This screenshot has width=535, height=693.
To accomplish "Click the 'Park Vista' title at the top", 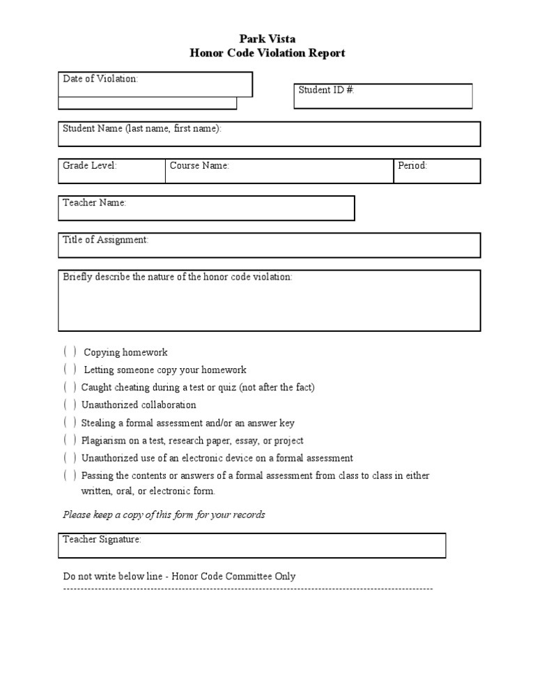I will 267,40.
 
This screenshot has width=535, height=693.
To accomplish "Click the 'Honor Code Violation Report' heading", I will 267,53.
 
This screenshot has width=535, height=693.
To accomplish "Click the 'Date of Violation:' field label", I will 101,79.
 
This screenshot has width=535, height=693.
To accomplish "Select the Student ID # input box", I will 382,96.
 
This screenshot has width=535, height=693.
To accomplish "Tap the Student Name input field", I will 269,134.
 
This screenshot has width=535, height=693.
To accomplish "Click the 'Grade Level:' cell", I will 111,171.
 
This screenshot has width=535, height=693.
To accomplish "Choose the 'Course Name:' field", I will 279,171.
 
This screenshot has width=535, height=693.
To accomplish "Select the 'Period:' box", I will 437,171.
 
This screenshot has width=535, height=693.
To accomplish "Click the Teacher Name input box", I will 206,208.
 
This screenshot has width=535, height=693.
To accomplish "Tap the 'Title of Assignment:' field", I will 269,245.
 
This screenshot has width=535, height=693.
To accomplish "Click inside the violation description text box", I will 269,303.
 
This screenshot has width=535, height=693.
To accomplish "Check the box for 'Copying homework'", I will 70,352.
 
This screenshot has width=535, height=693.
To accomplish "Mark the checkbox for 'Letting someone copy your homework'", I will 70,370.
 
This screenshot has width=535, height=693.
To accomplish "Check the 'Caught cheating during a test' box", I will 70,387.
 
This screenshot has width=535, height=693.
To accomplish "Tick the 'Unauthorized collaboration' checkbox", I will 70,404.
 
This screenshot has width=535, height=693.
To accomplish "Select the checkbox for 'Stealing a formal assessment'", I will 70,422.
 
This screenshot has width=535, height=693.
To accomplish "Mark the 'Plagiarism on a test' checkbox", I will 70,440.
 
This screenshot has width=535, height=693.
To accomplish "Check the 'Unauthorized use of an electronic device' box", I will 70,458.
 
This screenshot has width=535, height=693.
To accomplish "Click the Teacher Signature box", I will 251,545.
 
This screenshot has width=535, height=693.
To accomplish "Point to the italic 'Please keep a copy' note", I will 164,515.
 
